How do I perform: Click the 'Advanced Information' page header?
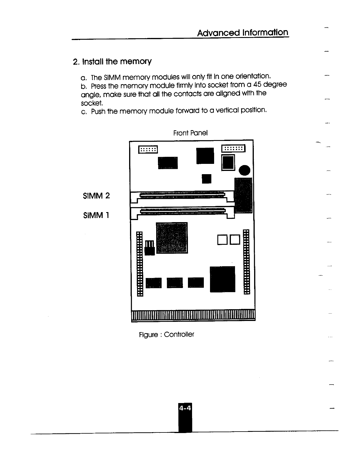[x=243, y=33]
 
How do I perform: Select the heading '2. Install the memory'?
[x=112, y=62]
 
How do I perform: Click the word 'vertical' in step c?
[x=227, y=110]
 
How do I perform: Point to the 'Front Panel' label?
[x=190, y=133]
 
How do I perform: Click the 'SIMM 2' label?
[x=96, y=196]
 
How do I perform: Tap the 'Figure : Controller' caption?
[x=166, y=334]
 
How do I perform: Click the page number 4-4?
[x=184, y=408]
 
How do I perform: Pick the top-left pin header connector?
[x=148, y=150]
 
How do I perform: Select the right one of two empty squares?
[x=235, y=240]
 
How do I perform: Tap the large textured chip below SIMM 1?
[x=172, y=238]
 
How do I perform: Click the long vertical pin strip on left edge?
[x=140, y=264]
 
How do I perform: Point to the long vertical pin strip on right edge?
[x=246, y=261]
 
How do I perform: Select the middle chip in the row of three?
[x=175, y=283]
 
